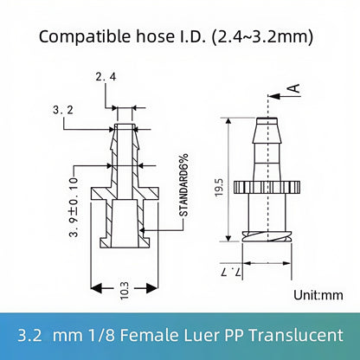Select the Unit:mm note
pyautogui.click(x=318, y=294)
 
